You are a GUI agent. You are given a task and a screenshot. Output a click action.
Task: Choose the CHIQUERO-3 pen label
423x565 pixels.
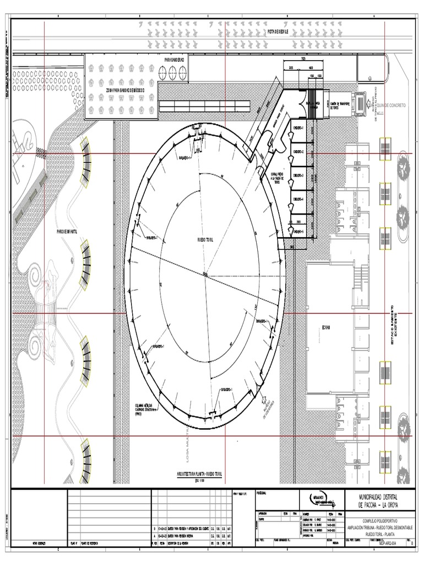297,175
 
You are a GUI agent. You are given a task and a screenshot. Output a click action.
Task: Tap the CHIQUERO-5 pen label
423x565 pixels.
297,232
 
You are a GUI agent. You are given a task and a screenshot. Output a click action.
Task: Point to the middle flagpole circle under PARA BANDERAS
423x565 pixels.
172,71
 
